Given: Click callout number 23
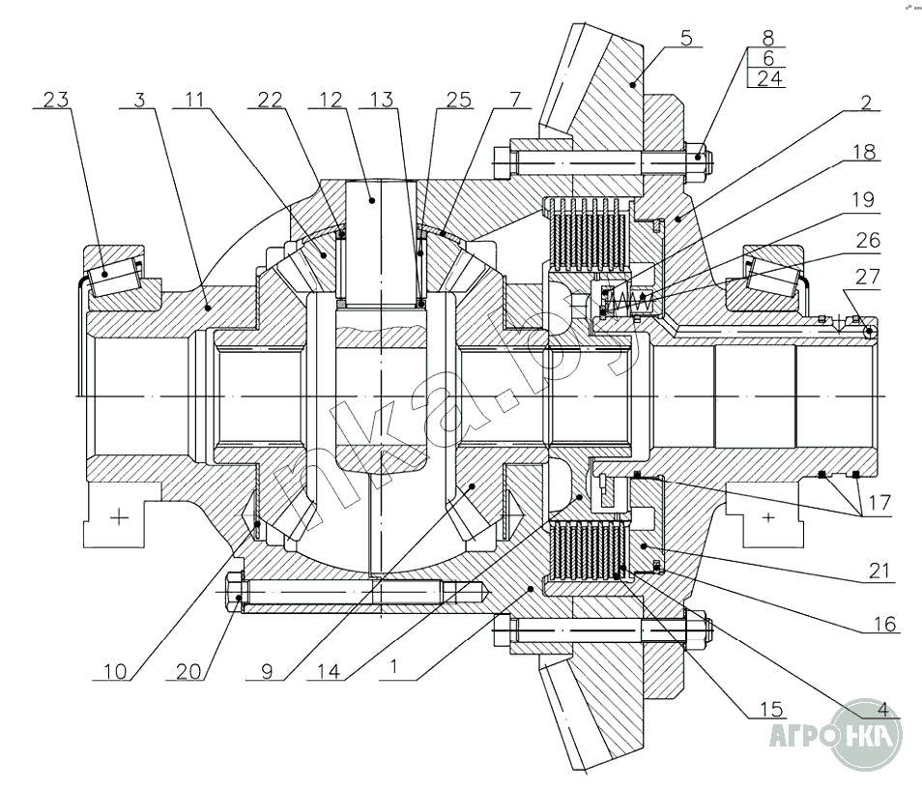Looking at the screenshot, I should tap(56, 99).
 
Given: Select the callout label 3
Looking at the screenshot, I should tap(141, 99).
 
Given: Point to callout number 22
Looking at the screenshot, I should tap(272, 99).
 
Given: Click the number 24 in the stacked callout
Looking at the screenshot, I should tap(769, 79).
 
